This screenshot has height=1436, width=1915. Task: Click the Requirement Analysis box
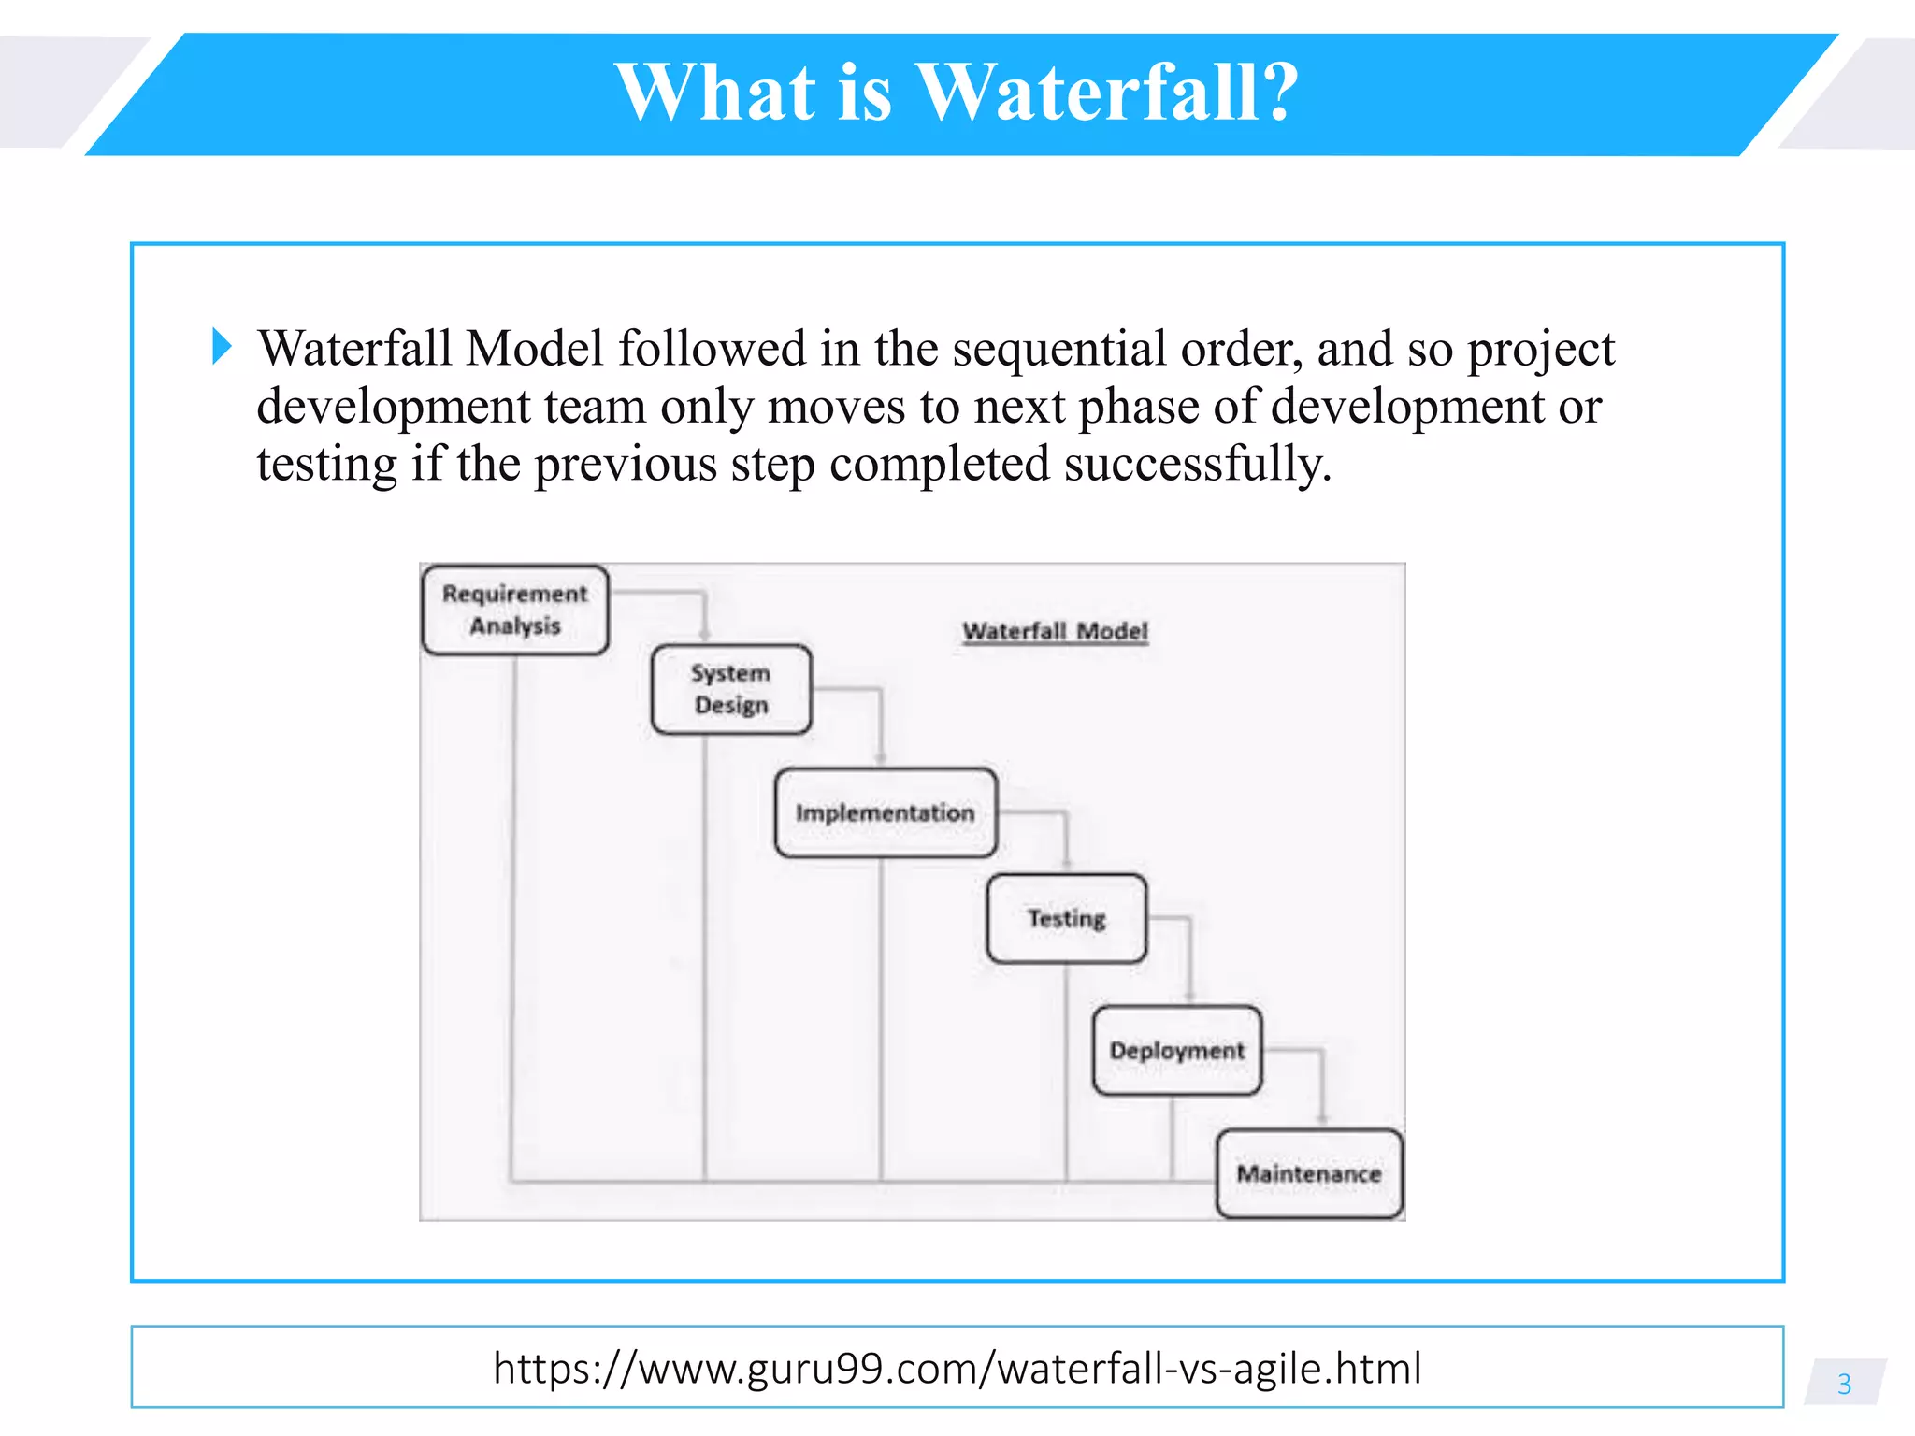(x=515, y=610)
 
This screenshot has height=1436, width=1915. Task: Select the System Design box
(x=731, y=689)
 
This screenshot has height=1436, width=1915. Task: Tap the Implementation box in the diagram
(x=886, y=812)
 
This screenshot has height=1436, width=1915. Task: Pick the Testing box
(x=1066, y=918)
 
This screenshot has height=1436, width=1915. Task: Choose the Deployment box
(x=1176, y=1050)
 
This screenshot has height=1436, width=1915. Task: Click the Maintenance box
(x=1309, y=1173)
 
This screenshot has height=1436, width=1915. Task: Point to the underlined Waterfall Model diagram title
(x=1055, y=631)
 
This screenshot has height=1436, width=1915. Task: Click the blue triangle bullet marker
(x=222, y=346)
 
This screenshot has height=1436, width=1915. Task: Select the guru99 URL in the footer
(x=957, y=1368)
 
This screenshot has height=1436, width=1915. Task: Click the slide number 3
(x=1844, y=1384)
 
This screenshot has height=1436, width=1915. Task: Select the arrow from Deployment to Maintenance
(x=1322, y=1084)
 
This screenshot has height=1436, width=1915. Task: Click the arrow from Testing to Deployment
(x=1189, y=958)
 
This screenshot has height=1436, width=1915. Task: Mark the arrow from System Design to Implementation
(x=880, y=725)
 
